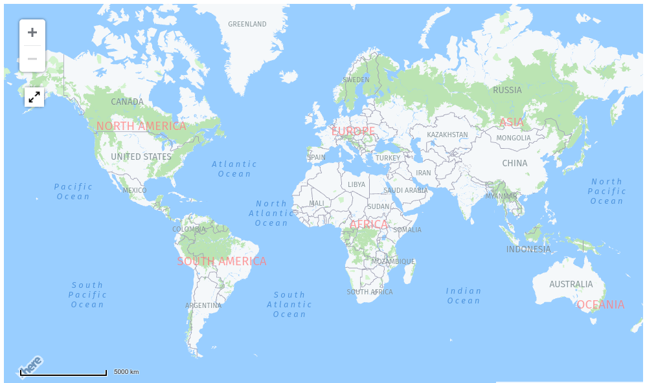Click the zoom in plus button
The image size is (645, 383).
pyautogui.click(x=32, y=32)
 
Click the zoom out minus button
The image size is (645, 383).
pyautogui.click(x=32, y=59)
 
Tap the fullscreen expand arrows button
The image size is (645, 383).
pyautogui.click(x=34, y=97)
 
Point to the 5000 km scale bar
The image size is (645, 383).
pyautogui.click(x=63, y=373)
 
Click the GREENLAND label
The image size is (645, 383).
pyautogui.click(x=247, y=25)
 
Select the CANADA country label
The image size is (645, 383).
pyautogui.click(x=127, y=102)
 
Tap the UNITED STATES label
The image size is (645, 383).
pyautogui.click(x=141, y=157)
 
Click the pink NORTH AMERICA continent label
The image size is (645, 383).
pyautogui.click(x=141, y=126)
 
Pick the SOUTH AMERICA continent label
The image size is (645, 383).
pyautogui.click(x=221, y=261)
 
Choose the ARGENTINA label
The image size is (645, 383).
pyautogui.click(x=203, y=306)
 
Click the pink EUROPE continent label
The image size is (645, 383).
pyautogui.click(x=353, y=131)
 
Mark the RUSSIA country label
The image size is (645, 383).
pyautogui.click(x=507, y=91)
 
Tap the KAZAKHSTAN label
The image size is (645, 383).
pyautogui.click(x=447, y=135)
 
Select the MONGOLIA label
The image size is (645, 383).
pyautogui.click(x=514, y=138)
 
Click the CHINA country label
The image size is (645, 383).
pyautogui.click(x=515, y=164)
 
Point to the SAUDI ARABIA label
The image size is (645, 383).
pyautogui.click(x=405, y=191)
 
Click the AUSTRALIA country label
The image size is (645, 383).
pyautogui.click(x=571, y=285)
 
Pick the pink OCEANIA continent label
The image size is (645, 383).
pyautogui.click(x=600, y=305)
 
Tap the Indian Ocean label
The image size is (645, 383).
pyautogui.click(x=464, y=296)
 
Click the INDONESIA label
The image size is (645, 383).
pyautogui.click(x=528, y=250)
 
